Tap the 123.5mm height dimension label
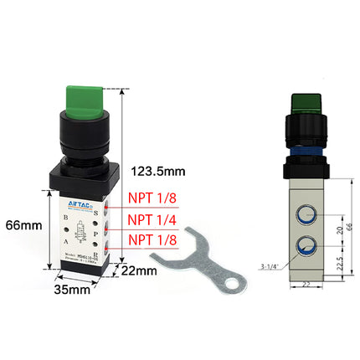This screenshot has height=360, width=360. point(157,172)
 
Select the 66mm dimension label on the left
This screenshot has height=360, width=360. point(23,224)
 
